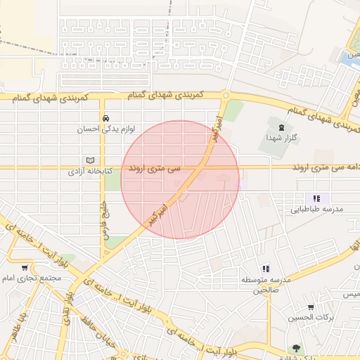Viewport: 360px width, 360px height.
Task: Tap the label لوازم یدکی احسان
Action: pyautogui.click(x=103, y=129)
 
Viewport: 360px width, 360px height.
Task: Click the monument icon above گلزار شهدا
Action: pyautogui.click(x=281, y=127)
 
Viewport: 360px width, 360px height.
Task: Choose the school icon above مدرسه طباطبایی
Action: pyautogui.click(x=316, y=198)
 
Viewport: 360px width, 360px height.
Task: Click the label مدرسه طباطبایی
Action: pyautogui.click(x=316, y=210)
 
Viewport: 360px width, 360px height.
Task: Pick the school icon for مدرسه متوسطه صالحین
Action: pyautogui.click(x=266, y=269)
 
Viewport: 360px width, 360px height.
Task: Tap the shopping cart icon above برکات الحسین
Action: pyautogui.click(x=311, y=307)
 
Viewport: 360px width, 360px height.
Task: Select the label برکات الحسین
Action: pyautogui.click(x=310, y=318)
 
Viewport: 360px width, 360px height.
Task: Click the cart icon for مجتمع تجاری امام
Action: pyautogui.click(x=25, y=267)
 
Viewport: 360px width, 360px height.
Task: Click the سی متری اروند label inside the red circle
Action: pyautogui.click(x=154, y=169)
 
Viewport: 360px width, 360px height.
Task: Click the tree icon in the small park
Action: pyautogui.click(x=295, y=347)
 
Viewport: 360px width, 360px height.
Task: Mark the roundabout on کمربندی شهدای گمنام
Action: pyautogui.click(x=226, y=95)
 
